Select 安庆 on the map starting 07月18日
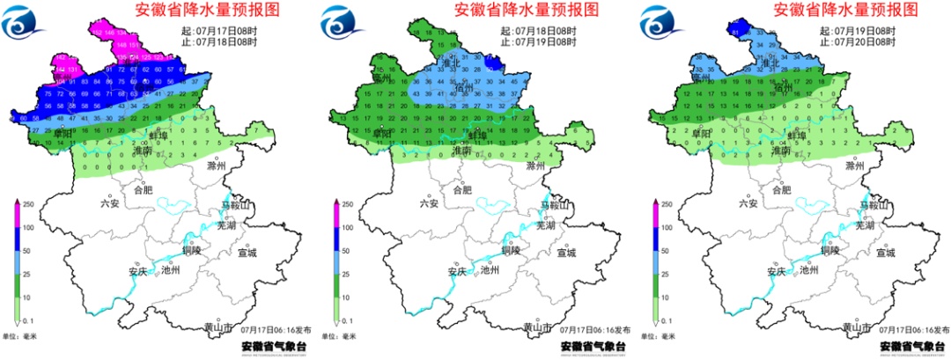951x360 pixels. point(457,271)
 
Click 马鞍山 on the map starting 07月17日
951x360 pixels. point(235,205)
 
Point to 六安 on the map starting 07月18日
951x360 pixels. point(429,203)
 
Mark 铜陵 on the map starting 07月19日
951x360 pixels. point(830,250)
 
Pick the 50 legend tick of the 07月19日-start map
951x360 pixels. point(667,251)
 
